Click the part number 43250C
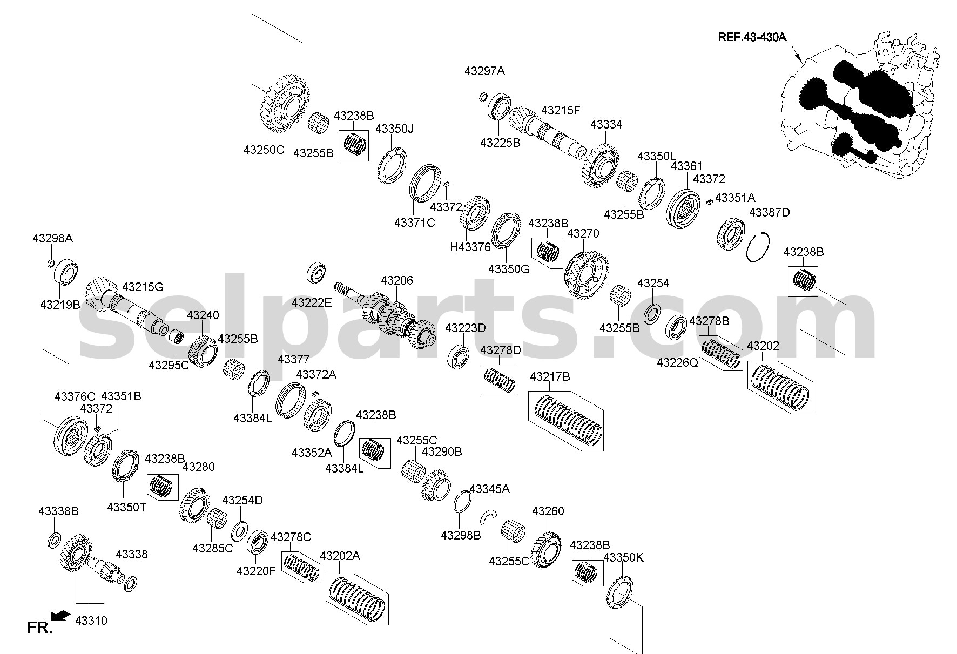tap(264, 150)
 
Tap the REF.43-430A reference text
tap(752, 37)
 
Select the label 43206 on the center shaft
tap(396, 281)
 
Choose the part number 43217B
tap(550, 376)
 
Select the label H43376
tap(470, 247)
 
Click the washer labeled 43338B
tap(55, 539)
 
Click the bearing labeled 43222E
tap(316, 272)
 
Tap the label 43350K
tap(624, 557)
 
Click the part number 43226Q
tap(677, 363)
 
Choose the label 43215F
tap(561, 111)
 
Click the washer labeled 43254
tap(653, 313)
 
